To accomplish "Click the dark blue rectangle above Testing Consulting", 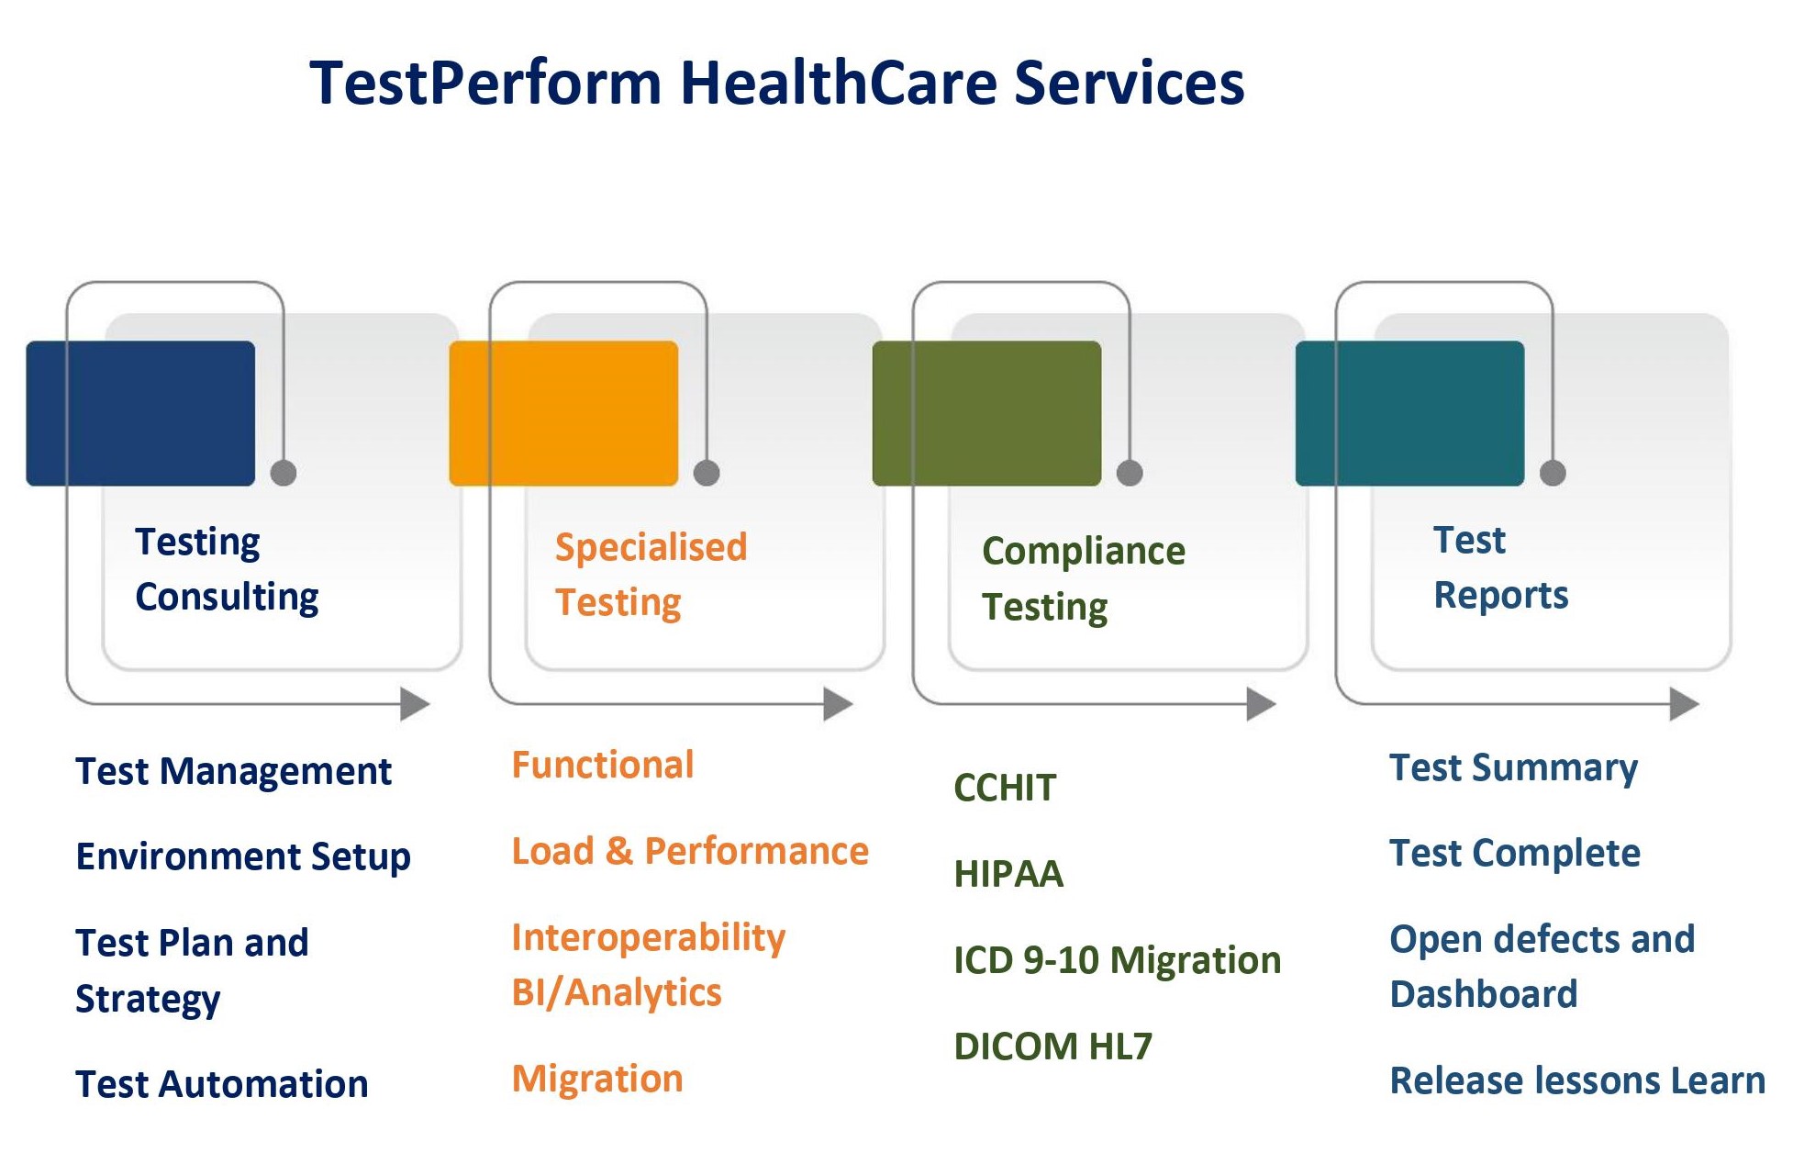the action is pyautogui.click(x=140, y=413).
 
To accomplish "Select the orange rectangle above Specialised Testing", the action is pyautogui.click(x=563, y=413).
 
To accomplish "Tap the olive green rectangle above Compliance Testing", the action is pyautogui.click(x=986, y=413).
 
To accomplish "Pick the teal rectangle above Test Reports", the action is pyautogui.click(x=1409, y=413).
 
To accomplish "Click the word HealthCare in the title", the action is pyautogui.click(x=838, y=83).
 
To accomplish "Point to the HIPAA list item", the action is pyautogui.click(x=1008, y=874).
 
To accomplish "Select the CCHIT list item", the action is pyautogui.click(x=1005, y=788).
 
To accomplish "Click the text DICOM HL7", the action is pyautogui.click(x=1052, y=1046).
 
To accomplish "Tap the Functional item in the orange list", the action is pyautogui.click(x=603, y=765).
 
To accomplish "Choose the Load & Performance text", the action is pyautogui.click(x=690, y=851).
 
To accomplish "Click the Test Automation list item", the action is pyautogui.click(x=222, y=1084).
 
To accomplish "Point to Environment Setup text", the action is pyautogui.click(x=243, y=857).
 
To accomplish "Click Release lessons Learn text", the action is pyautogui.click(x=1577, y=1080).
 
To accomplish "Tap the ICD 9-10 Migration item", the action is pyautogui.click(x=1118, y=960).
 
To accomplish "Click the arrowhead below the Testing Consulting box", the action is pyautogui.click(x=416, y=704).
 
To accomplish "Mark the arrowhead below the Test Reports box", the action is pyautogui.click(x=1685, y=704).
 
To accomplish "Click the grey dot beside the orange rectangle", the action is pyautogui.click(x=707, y=473).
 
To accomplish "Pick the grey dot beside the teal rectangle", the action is pyautogui.click(x=1553, y=473).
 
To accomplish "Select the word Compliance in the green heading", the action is pyautogui.click(x=1084, y=552).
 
